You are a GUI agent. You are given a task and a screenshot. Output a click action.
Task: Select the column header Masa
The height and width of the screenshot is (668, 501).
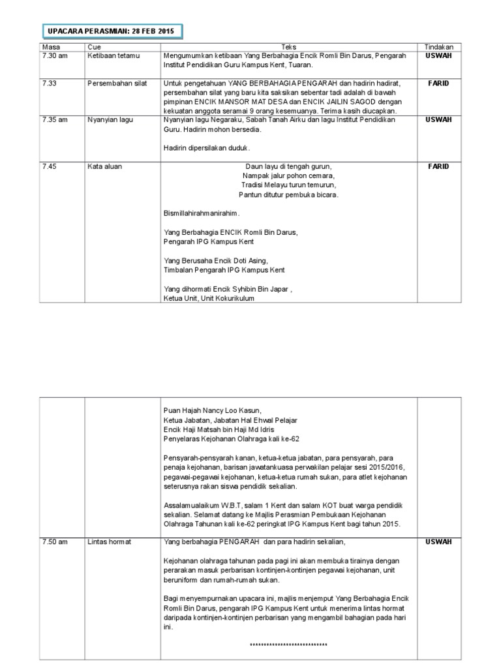coord(50,47)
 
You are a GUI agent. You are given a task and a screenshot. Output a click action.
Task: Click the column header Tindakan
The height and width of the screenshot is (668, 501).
coord(438,47)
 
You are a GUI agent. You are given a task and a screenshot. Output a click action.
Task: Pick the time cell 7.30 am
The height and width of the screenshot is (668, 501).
coord(55,55)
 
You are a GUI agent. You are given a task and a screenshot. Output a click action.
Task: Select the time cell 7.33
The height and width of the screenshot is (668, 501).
coord(49,83)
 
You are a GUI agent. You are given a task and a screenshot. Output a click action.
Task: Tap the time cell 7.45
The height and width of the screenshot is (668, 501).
coord(49,166)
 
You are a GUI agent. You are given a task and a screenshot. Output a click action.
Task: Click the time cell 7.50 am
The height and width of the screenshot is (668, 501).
coord(55,542)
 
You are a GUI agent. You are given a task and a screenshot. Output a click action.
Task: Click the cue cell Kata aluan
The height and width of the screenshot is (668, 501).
coord(104,166)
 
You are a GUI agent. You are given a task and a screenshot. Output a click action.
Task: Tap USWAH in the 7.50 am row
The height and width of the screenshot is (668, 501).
coord(438,542)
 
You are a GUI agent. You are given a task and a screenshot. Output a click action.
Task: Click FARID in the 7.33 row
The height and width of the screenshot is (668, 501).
coord(438,83)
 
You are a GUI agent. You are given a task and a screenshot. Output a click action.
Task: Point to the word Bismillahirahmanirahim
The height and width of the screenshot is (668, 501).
coord(202,213)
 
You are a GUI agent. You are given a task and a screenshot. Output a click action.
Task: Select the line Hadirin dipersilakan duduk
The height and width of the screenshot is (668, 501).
coord(207,147)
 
